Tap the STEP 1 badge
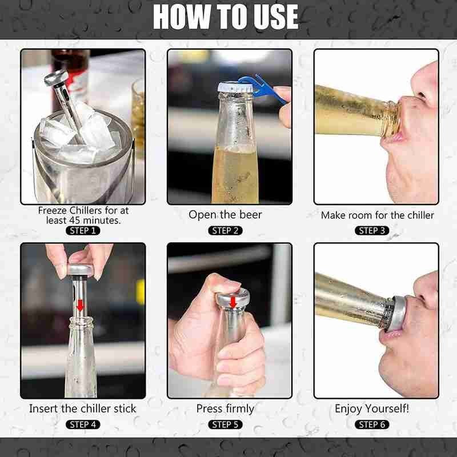pyautogui.click(x=83, y=231)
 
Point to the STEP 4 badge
pyautogui.click(x=83, y=424)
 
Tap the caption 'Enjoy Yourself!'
pyautogui.click(x=372, y=408)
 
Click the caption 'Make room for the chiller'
pyautogui.click(x=377, y=215)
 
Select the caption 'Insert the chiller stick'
pyautogui.click(x=83, y=408)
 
